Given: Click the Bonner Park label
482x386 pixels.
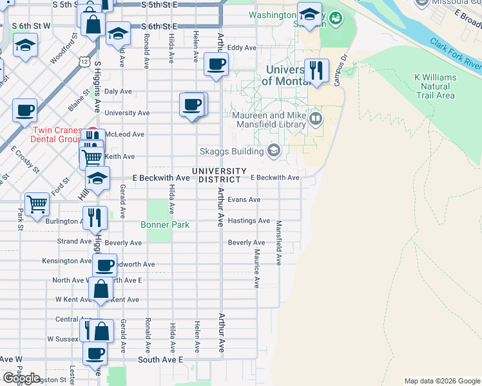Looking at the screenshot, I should coord(165,225).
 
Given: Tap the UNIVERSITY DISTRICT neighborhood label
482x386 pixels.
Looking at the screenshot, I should coord(218,175).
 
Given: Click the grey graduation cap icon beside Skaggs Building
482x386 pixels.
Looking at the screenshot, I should coord(273,151).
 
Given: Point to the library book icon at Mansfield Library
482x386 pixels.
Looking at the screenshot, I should coord(315,118).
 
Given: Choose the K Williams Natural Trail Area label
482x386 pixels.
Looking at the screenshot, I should coord(435,86).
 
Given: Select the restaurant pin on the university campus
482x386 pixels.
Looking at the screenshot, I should coord(316,71).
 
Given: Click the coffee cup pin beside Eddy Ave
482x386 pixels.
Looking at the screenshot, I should coord(216,64).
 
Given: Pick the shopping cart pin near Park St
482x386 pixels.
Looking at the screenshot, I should coord(37,204).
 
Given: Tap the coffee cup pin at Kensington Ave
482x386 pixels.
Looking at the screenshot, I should coord(104,264).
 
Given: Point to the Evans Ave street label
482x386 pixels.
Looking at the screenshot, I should coord(244,199).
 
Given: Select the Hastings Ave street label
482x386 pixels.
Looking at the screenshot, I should coord(249,221).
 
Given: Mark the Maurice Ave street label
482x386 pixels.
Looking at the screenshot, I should coord(256,268).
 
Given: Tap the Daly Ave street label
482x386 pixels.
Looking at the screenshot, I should coord(118,92).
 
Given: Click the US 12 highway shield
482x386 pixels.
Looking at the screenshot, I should coord(84,61).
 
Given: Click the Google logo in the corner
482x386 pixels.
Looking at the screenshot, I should coord(21,378).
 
